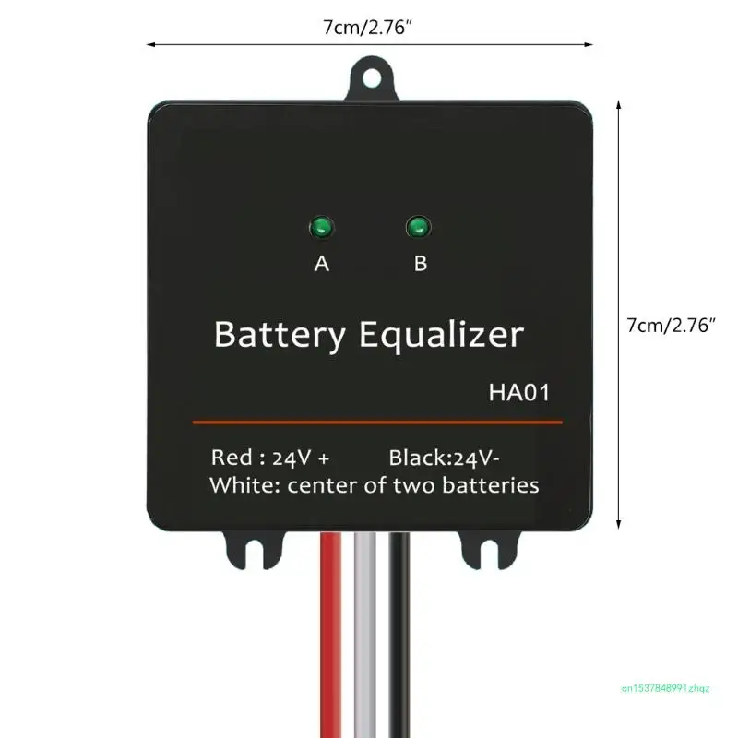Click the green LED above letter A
coord(322,226)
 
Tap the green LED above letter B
coord(419,226)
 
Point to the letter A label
coord(322,264)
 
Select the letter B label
coord(421,264)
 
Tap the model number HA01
coord(519,394)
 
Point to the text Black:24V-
coord(445,458)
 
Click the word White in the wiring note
coord(241,485)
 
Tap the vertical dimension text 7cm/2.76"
coord(672,325)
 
